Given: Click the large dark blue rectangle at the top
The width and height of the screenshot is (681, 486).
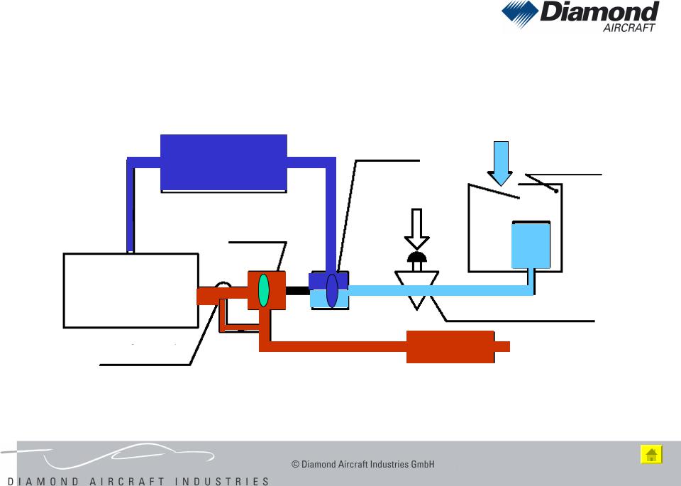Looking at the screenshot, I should point(224,162).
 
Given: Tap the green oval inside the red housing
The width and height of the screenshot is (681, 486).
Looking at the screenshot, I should point(264,290).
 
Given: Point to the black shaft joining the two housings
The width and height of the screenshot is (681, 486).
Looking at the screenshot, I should point(298,290).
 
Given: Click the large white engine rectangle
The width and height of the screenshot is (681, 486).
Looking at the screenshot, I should point(131,290).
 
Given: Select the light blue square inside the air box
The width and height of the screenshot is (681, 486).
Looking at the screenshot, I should point(531,244).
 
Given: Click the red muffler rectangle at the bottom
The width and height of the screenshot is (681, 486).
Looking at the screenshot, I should point(450,346).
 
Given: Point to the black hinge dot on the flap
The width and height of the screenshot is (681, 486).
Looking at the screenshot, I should point(558,191).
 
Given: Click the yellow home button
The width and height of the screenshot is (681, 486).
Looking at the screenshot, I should point(651,455).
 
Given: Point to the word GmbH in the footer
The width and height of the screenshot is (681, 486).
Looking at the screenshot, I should point(423,465).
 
